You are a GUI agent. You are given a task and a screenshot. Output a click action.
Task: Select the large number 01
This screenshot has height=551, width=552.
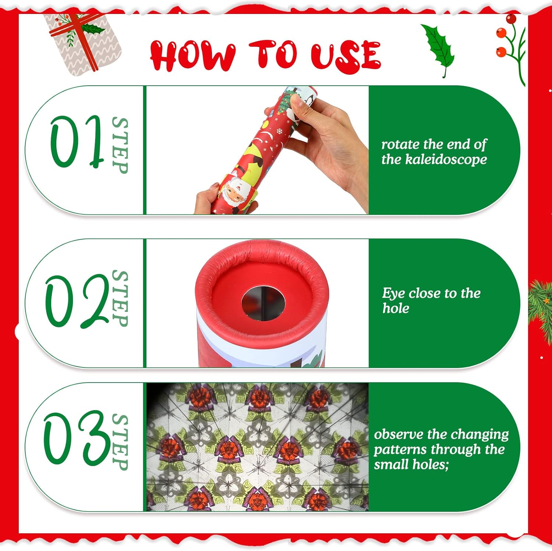point(76,142)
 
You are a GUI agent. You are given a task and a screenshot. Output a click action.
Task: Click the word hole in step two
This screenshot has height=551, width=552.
point(396,308)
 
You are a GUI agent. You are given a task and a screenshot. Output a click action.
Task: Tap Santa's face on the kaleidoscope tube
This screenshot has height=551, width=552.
point(234,193)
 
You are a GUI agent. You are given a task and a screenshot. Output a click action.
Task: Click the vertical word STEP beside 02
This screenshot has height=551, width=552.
point(120,298)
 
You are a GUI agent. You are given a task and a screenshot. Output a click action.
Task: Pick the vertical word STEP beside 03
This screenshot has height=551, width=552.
point(120,442)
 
